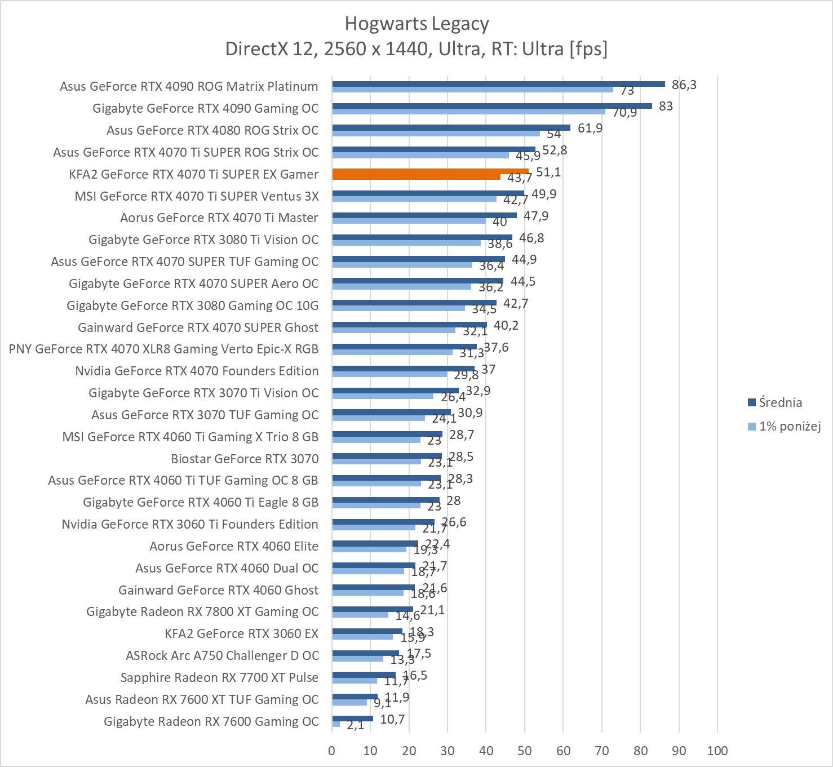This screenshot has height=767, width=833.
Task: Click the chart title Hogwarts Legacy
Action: click(x=417, y=24)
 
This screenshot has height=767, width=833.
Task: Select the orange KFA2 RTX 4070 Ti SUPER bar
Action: click(x=430, y=172)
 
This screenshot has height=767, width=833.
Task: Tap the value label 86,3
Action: click(x=684, y=85)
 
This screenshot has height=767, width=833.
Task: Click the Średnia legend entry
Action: click(x=780, y=402)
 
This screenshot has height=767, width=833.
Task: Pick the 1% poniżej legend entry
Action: click(x=789, y=426)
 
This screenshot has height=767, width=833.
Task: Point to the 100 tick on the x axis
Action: click(x=717, y=751)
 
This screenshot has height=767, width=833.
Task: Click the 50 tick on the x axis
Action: click(x=525, y=751)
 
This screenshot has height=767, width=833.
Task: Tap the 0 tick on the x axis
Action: click(x=332, y=751)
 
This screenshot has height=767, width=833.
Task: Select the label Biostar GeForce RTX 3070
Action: click(x=245, y=459)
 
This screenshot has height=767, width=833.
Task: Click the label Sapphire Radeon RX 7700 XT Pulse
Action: click(x=219, y=677)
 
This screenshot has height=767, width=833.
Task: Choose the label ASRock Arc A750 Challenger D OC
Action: click(x=222, y=655)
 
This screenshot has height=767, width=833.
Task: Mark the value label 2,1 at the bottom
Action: click(x=355, y=725)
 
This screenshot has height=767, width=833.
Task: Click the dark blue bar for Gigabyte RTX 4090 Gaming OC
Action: click(x=491, y=106)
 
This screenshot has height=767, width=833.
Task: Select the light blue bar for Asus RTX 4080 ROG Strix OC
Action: click(x=436, y=134)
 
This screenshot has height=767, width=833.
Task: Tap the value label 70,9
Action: click(x=624, y=112)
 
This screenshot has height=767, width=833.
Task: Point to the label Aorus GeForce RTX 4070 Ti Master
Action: click(x=219, y=218)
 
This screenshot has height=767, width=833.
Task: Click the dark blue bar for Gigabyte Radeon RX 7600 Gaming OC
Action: click(x=352, y=719)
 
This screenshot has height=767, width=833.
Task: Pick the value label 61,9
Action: click(x=590, y=128)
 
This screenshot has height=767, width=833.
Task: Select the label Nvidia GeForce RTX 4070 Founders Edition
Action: click(x=197, y=371)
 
